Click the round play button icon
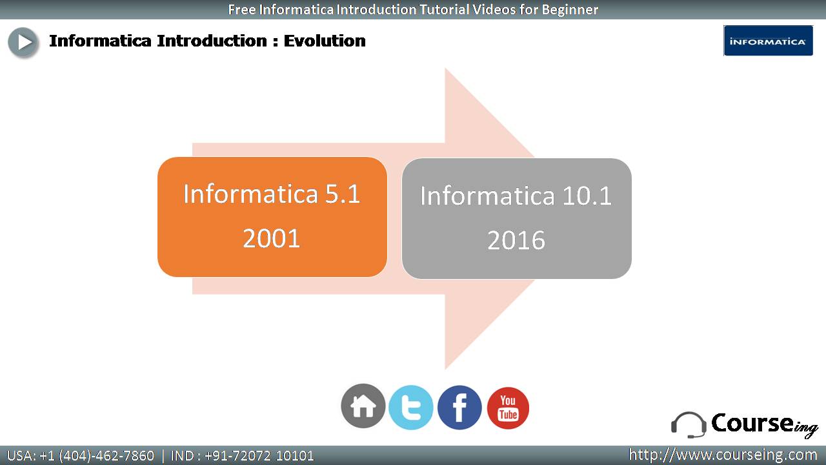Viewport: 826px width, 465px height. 23,42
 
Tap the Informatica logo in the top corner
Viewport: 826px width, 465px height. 768,41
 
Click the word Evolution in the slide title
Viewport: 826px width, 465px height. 325,41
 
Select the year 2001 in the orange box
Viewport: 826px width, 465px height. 272,238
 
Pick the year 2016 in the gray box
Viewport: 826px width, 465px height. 516,240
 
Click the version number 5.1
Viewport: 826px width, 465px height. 342,194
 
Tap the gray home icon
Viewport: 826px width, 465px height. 363,406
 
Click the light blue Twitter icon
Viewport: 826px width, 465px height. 411,408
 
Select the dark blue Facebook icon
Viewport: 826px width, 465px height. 459,408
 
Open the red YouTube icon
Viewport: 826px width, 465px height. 508,408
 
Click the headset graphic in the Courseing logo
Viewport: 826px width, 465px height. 689,425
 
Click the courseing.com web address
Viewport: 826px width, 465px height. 723,455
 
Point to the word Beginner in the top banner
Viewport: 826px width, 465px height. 570,10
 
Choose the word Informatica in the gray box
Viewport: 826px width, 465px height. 487,196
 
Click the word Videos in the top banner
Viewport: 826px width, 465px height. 494,9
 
